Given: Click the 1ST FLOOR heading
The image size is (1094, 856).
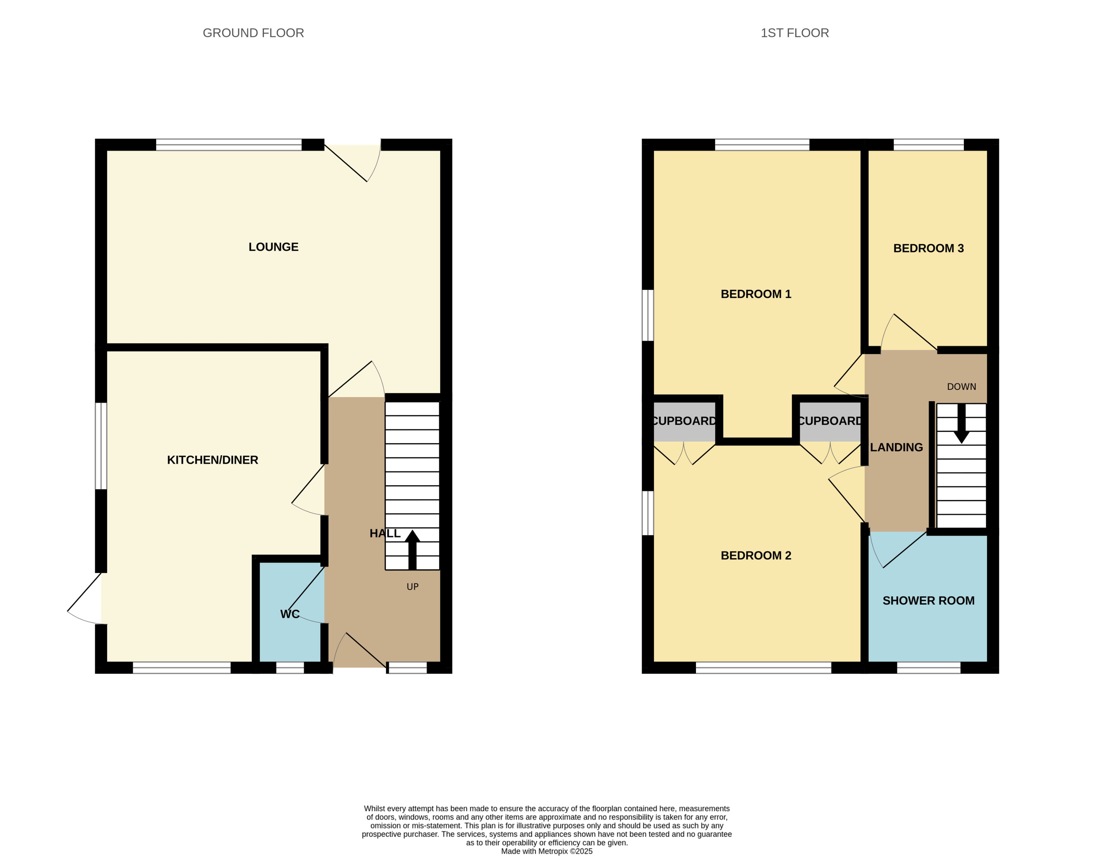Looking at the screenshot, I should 794,33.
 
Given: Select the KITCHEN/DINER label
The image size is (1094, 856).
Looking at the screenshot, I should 213,460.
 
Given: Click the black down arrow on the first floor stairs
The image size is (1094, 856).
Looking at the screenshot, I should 961,424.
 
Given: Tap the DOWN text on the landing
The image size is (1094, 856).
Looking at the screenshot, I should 961,387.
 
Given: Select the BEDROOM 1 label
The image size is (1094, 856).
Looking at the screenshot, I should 756,294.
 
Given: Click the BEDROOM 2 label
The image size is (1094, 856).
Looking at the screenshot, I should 756,555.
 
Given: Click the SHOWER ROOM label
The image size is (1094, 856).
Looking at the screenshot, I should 928,601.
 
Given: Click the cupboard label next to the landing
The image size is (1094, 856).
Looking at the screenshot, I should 830,421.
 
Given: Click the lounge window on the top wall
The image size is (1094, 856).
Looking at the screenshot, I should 229,145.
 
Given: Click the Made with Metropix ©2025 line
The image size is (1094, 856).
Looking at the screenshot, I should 547,851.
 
